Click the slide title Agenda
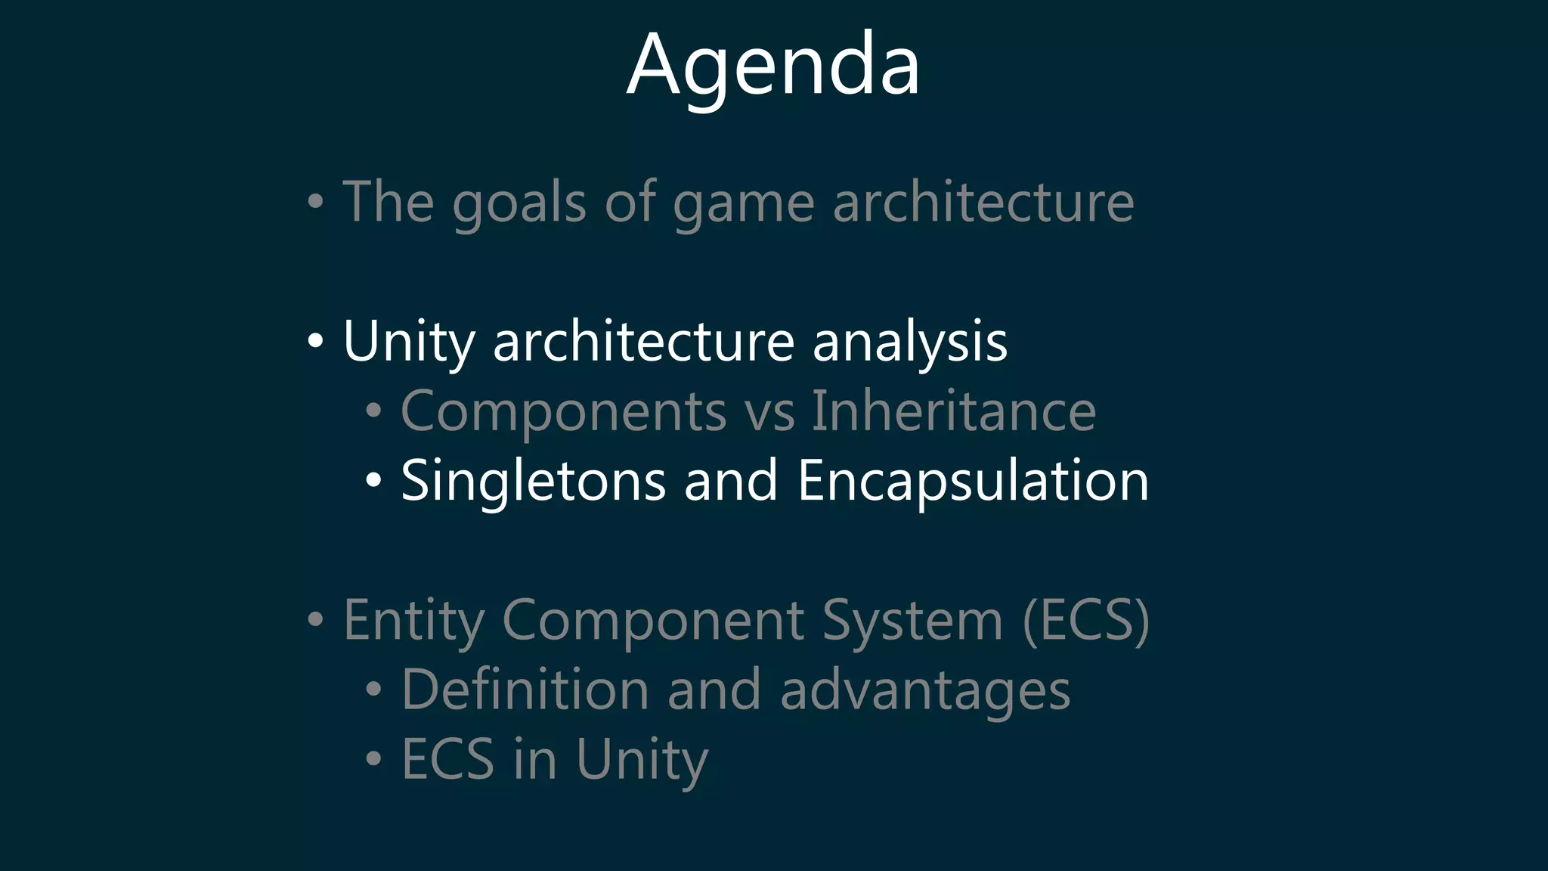[773, 67]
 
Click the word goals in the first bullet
[519, 204]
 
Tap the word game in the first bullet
[744, 204]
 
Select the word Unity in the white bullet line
[409, 342]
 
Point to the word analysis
[910, 342]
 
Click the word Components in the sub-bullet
[563, 411]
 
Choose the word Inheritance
[954, 411]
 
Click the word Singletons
[533, 481]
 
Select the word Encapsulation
[973, 481]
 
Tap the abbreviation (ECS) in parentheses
[1085, 620]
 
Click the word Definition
[525, 690]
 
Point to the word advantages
[924, 691]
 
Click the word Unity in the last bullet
[642, 759]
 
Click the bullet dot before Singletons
[373, 481]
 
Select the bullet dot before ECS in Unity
[373, 758]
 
